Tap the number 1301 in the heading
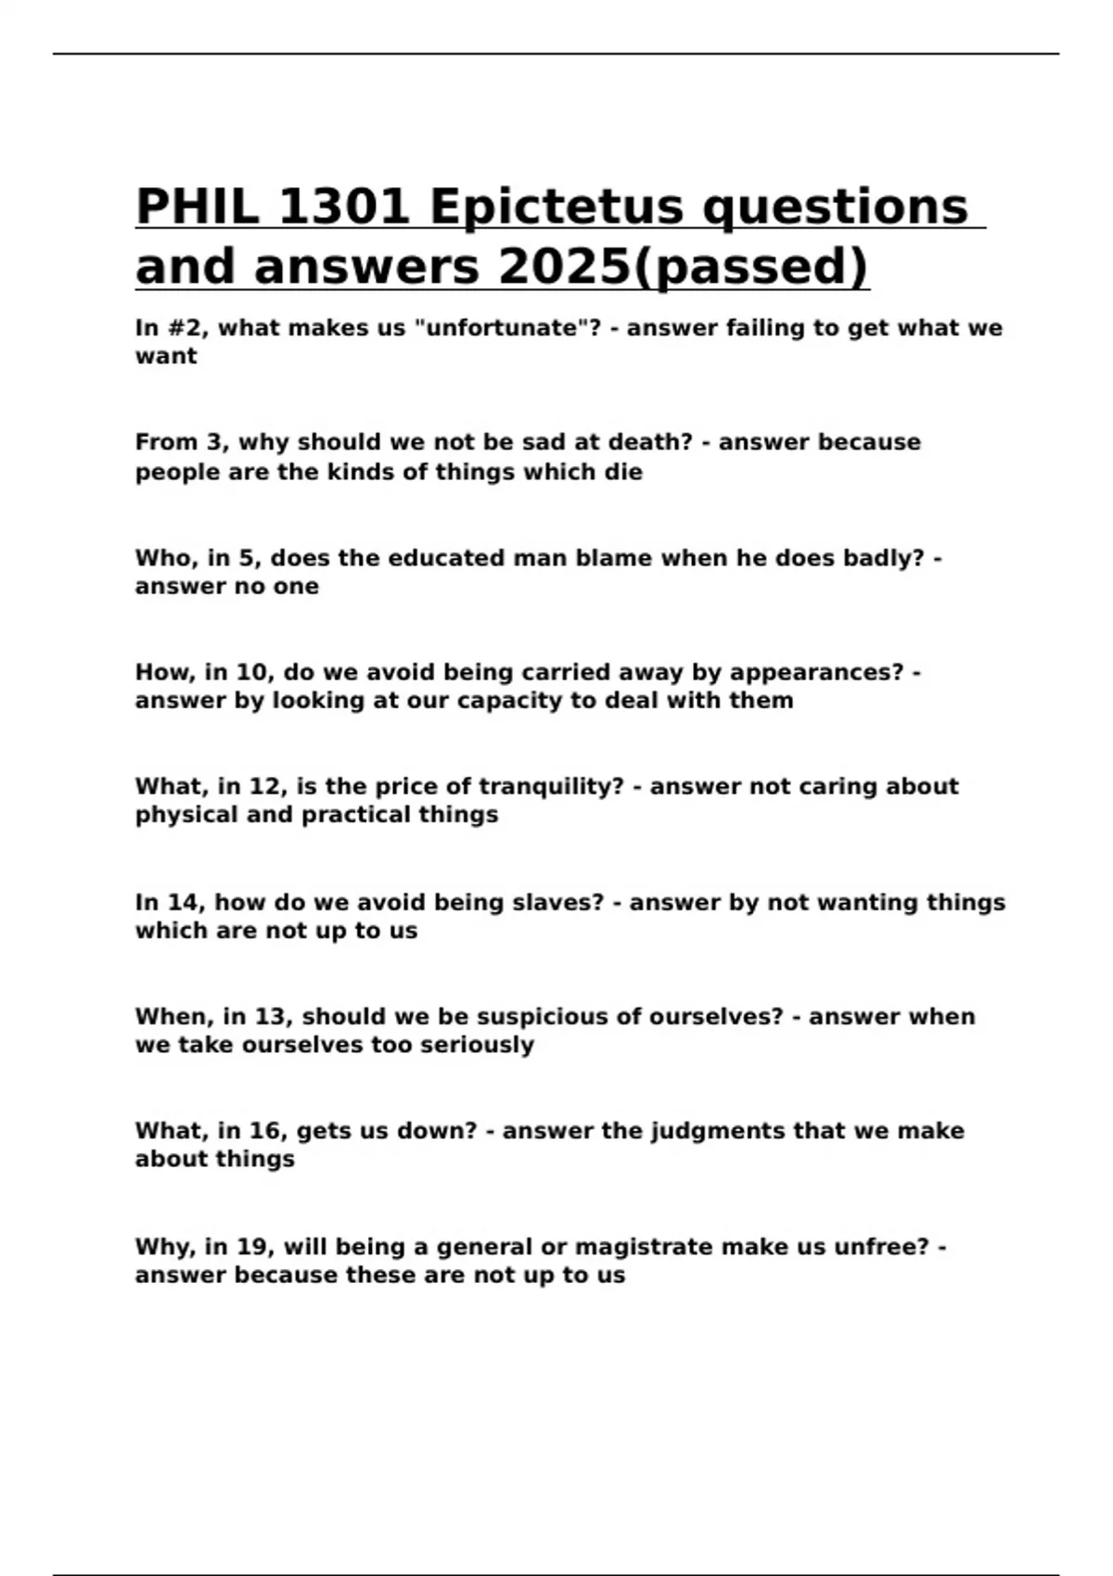point(343,206)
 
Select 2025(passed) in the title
point(684,267)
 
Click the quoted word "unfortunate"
point(503,328)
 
